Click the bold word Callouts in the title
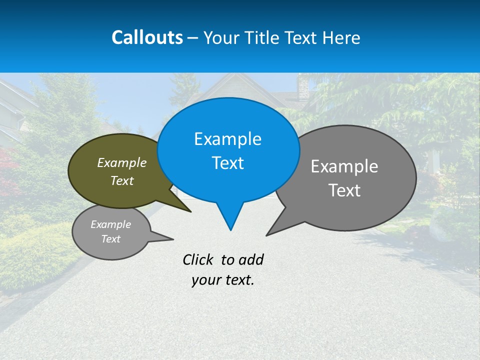coord(147,37)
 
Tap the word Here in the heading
coord(341,38)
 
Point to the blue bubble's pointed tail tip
coord(230,230)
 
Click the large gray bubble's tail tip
coord(266,235)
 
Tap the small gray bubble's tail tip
coord(173,239)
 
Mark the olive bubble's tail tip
coord(191,212)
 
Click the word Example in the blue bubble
coord(227,139)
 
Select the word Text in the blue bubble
coord(227,163)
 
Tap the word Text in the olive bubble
coord(122,181)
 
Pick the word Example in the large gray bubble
coord(344,166)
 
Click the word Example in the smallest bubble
coord(110,224)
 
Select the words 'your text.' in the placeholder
coord(223,280)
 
